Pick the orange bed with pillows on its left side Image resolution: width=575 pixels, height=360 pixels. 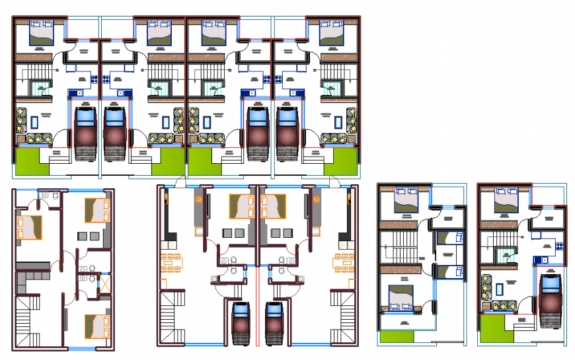pyautogui.click(x=29, y=227)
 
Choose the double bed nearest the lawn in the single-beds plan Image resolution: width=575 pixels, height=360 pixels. pyautogui.click(x=401, y=296)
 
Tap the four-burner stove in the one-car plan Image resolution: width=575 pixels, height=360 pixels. pyautogui.click(x=557, y=246)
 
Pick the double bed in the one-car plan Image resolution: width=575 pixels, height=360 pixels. pyautogui.click(x=507, y=201)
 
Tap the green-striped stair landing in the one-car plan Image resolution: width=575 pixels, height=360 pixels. pyautogui.click(x=505, y=254)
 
